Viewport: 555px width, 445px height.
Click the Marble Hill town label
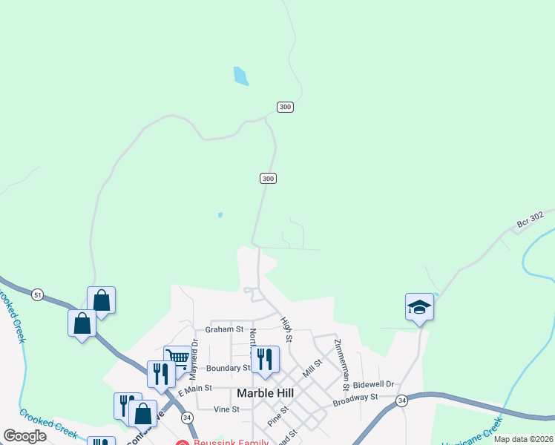[x=266, y=392]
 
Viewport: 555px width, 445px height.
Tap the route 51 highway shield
[x=37, y=295]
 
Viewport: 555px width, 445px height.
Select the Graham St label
[x=225, y=329]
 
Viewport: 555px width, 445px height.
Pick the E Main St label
[x=195, y=388]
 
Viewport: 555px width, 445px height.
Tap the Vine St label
[x=226, y=409]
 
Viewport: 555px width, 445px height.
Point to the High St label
[x=287, y=329]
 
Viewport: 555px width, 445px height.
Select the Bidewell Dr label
[x=373, y=385]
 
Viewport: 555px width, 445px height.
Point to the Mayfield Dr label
[x=195, y=356]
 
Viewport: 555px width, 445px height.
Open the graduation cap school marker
[x=419, y=307]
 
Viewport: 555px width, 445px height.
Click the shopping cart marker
[x=177, y=358]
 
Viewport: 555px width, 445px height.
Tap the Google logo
[x=24, y=436]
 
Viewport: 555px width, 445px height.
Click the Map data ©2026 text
[x=522, y=439]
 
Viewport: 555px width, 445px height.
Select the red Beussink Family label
[x=219, y=443]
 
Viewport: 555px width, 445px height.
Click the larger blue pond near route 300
[x=240, y=76]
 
